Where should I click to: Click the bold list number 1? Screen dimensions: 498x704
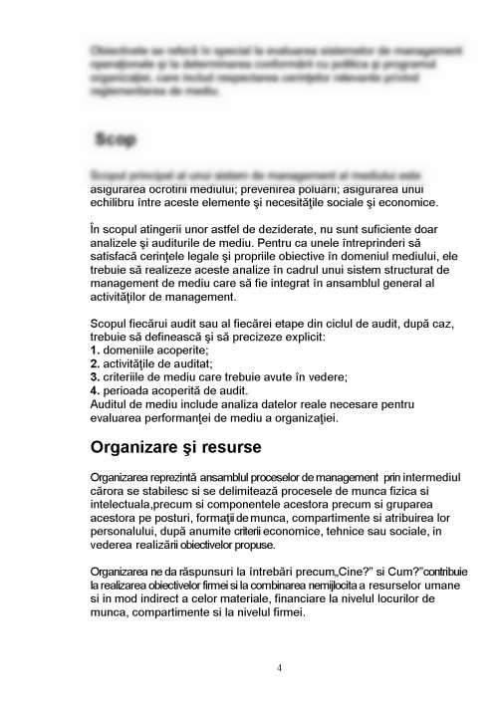click(x=94, y=352)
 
